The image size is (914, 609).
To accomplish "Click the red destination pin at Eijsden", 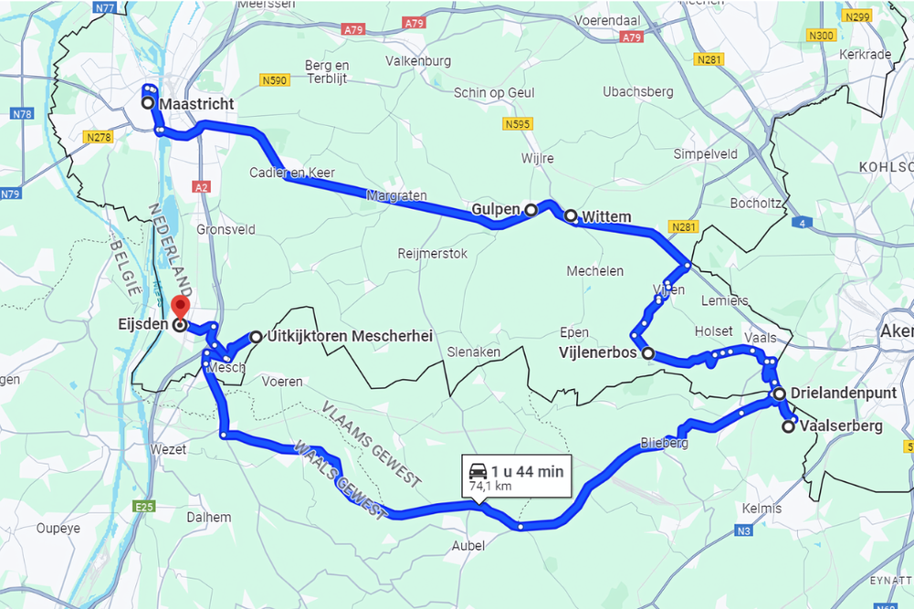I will pos(180,306).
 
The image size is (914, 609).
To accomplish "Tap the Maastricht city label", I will pos(196,104).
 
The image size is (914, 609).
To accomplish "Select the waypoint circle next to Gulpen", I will pos(531,210).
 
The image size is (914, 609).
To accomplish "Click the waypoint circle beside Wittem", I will pos(571,216).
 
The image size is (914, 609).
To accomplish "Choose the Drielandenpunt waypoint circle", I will pos(779,394).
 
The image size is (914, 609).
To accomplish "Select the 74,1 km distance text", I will pos(489,488).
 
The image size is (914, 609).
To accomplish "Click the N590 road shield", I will pos(274,80).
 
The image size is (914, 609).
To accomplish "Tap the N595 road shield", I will pos(518,124).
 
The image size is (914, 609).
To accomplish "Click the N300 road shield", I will pos(822,36).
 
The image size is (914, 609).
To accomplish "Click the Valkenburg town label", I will pos(418,61).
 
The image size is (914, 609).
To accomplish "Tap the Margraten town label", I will pos(396,195).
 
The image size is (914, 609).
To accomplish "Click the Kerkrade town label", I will pos(864,55).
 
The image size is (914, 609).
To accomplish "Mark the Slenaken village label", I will pos(475,352).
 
